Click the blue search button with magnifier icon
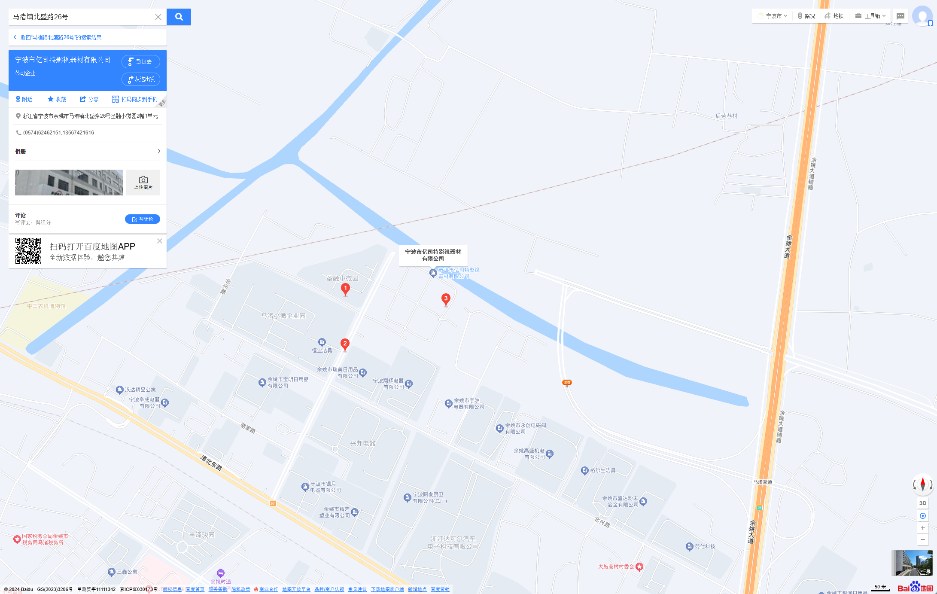coord(179,17)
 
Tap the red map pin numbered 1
coord(345,289)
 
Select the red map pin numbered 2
coord(345,344)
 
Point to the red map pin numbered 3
coord(446,299)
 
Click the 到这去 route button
coord(140,61)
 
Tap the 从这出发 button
coord(140,79)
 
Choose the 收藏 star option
coord(57,99)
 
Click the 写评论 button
coord(142,219)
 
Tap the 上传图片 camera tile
coord(143,182)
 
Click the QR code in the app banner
coord(28,251)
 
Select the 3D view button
coord(922,503)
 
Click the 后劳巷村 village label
coord(726,116)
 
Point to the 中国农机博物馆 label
coord(46,306)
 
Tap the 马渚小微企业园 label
coord(283,316)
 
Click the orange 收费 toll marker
coord(567,382)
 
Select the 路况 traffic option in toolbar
coord(806,16)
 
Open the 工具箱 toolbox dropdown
coord(870,16)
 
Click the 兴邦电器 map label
coord(362,443)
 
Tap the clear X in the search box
coord(158,17)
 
